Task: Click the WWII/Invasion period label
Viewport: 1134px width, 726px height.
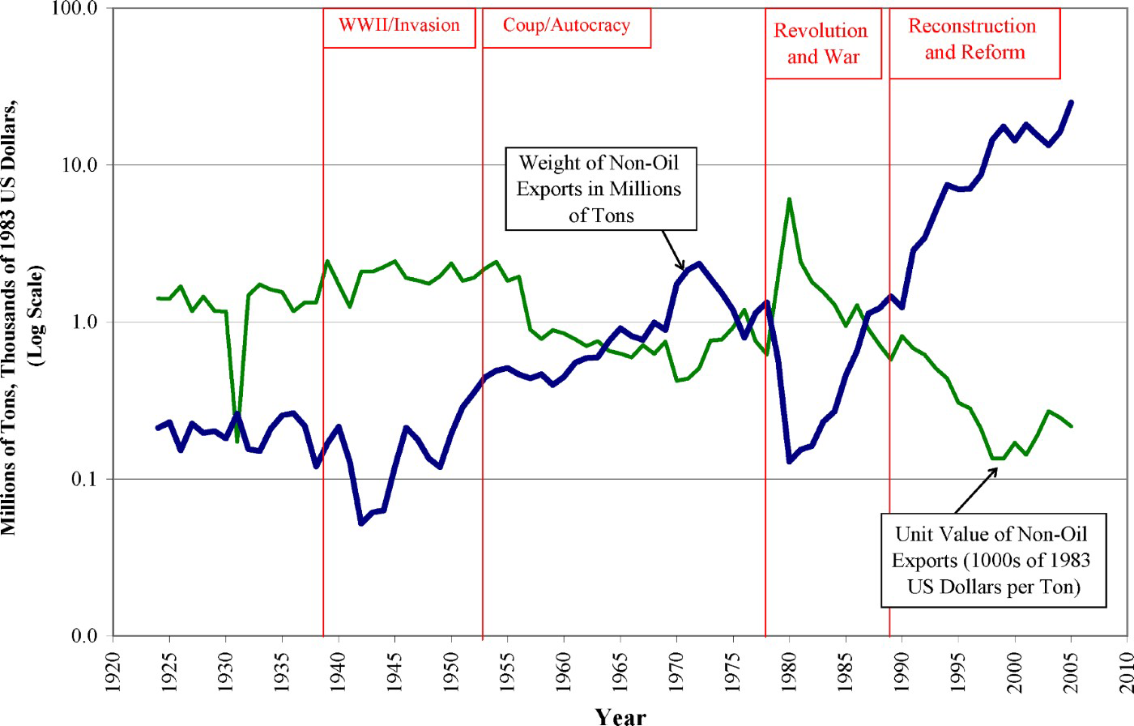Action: click(x=399, y=25)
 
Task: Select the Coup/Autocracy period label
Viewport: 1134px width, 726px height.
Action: click(x=566, y=25)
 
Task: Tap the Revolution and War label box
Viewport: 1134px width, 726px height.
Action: click(x=822, y=44)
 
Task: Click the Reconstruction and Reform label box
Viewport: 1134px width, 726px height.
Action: click(x=974, y=40)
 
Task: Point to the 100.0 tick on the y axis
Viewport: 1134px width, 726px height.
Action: click(x=75, y=9)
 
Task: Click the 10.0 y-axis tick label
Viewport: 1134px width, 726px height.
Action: click(x=79, y=165)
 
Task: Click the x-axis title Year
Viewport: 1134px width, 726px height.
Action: click(x=620, y=715)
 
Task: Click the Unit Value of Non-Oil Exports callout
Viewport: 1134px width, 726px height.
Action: click(x=992, y=560)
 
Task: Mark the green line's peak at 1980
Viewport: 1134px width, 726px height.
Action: click(x=789, y=199)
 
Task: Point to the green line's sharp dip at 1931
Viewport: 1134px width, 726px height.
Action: click(x=237, y=441)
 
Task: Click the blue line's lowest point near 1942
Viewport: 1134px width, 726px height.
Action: click(x=361, y=523)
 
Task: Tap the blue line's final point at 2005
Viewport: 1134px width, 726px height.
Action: click(x=1072, y=102)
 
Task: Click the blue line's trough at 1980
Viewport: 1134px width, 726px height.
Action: click(x=789, y=461)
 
